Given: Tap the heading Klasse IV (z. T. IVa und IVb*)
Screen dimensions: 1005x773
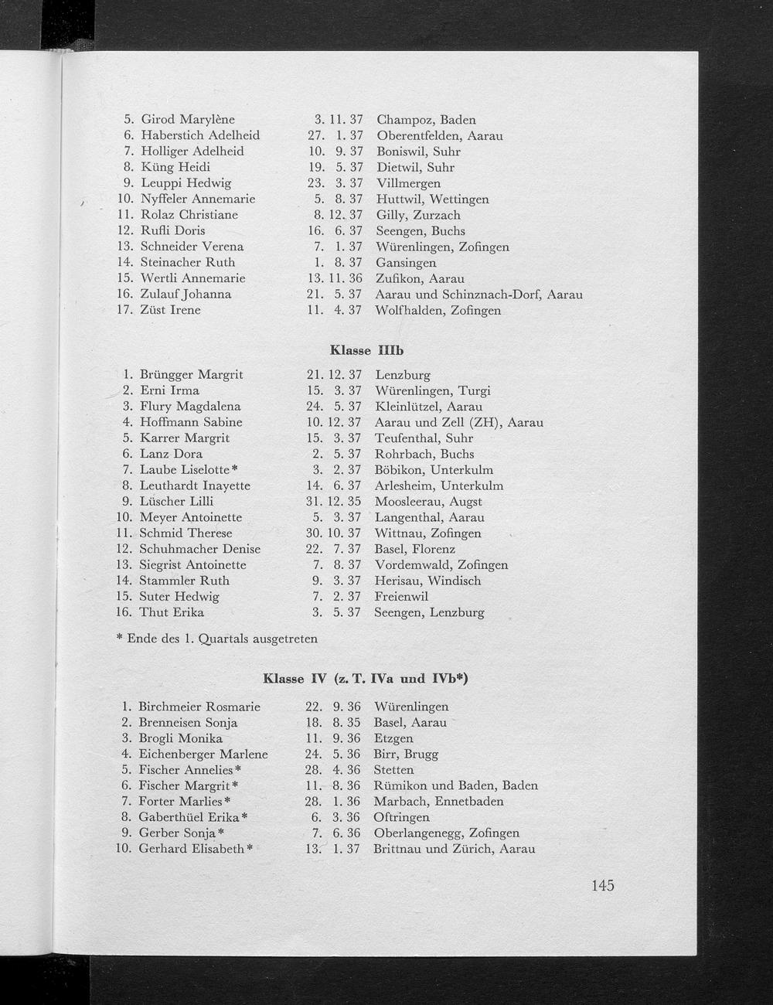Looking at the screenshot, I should (366, 679).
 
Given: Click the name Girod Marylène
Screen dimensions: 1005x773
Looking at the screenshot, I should (188, 120).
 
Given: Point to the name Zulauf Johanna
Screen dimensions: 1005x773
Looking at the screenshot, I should (186, 294).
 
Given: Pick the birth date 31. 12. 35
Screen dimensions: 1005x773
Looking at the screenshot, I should (335, 501).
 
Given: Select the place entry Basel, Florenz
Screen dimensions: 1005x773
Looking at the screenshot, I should (414, 549).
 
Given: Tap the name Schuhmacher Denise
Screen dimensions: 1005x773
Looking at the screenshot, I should (199, 549).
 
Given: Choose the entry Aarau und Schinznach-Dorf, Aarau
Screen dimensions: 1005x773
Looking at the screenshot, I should (478, 295).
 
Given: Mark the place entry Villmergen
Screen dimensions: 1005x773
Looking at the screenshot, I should (408, 183).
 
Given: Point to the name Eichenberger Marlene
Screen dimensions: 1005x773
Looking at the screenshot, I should (203, 754).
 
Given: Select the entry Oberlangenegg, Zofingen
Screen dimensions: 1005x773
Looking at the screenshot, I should (446, 833).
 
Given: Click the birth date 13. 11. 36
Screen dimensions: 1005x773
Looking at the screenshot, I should (335, 278).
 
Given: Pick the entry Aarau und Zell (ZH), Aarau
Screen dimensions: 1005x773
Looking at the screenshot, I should (458, 422).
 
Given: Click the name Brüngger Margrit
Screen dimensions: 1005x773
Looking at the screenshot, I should (191, 375).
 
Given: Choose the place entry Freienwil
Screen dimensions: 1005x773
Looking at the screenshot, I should (400, 596).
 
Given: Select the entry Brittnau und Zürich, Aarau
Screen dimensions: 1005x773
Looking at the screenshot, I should (454, 849).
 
